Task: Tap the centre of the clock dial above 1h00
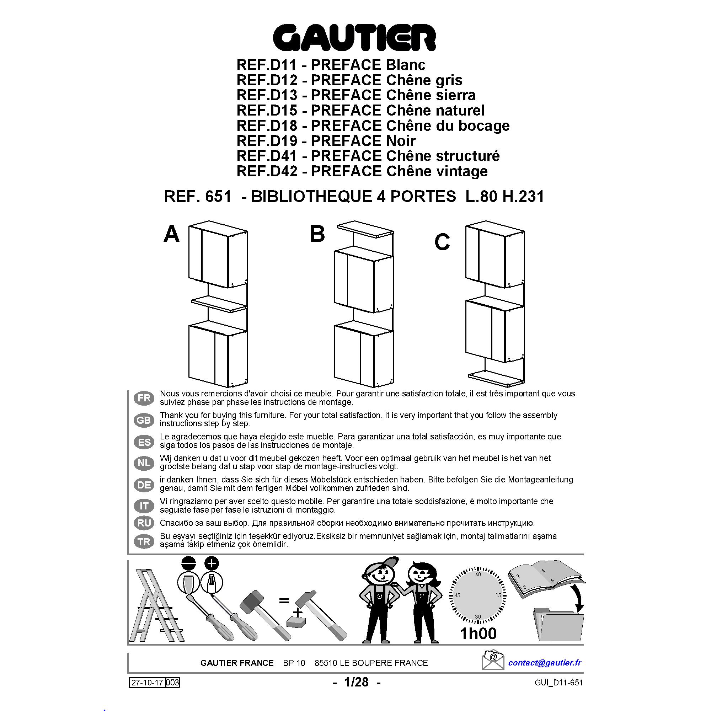[x=478, y=595]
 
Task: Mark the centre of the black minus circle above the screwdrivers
[x=189, y=563]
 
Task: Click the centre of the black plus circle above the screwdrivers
[x=211, y=563]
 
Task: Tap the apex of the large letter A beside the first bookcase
[x=171, y=226]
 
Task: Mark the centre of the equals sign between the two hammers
[x=283, y=600]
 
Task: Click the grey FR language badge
[x=144, y=398]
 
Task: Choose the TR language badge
[x=144, y=542]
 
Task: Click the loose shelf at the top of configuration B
[x=365, y=229]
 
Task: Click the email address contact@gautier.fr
[x=544, y=663]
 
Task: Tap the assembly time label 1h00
[x=479, y=634]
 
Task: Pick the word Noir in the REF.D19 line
[x=401, y=140]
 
